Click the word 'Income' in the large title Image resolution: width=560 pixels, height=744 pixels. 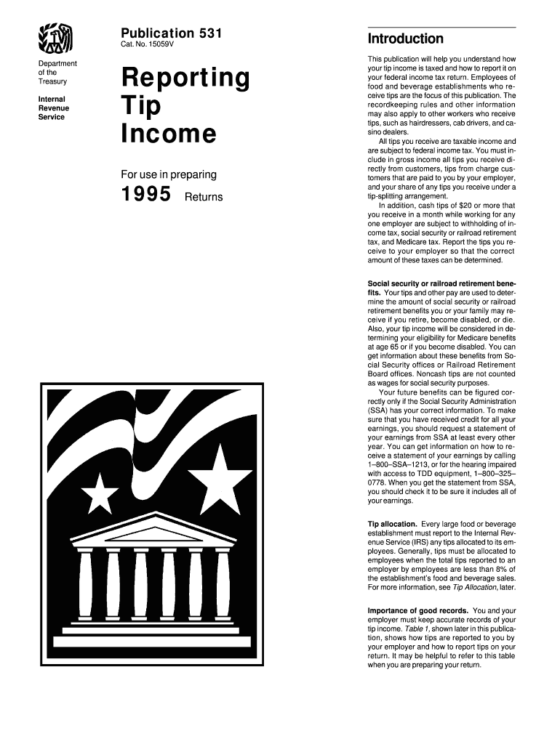[168, 134]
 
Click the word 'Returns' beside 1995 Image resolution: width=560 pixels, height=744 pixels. [204, 198]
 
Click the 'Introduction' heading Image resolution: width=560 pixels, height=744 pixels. [405, 39]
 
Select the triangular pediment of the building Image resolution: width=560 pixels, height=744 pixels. [150, 529]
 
